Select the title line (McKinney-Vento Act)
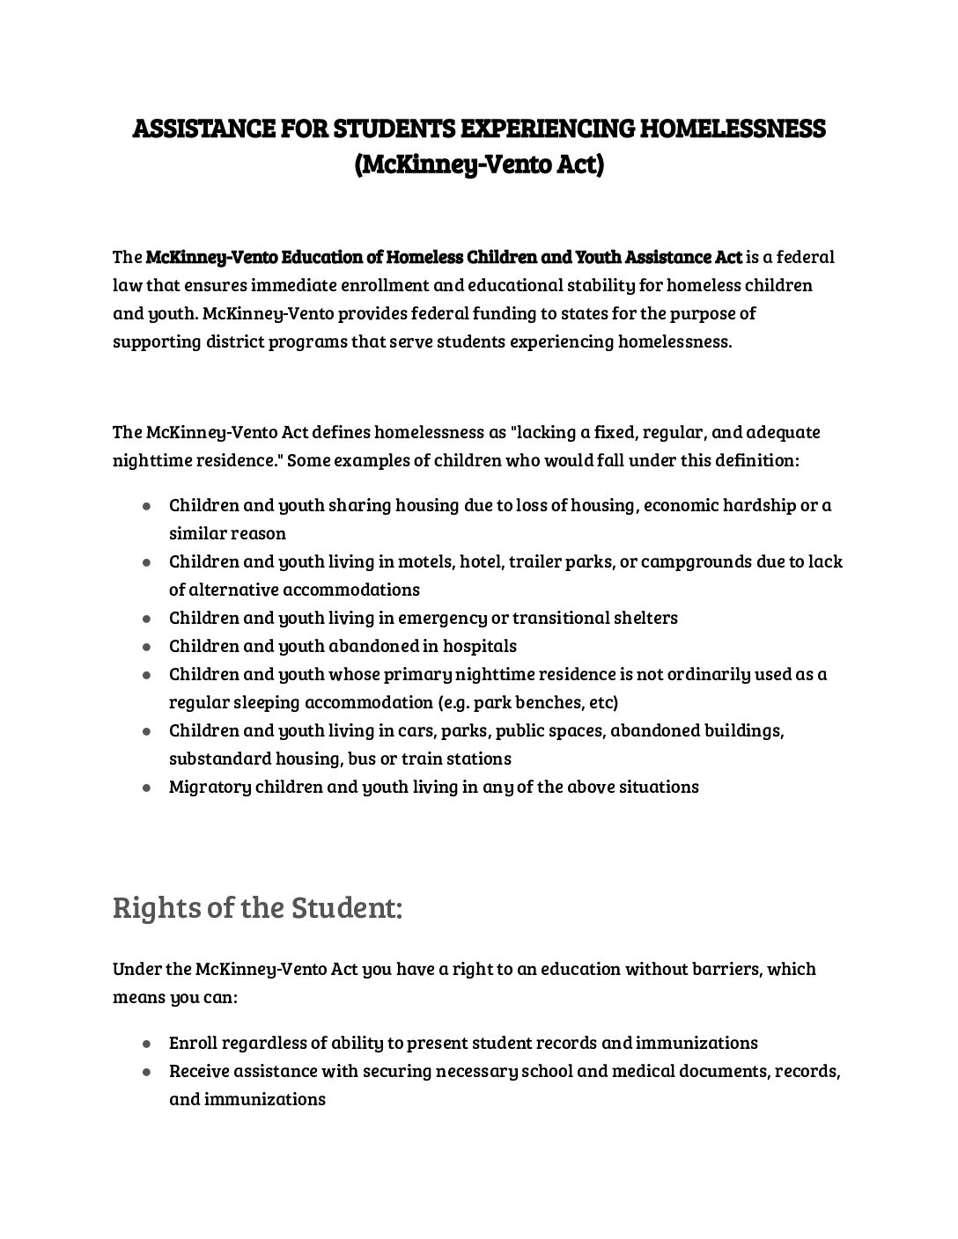pyautogui.click(x=479, y=165)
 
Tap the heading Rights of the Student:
pyautogui.click(x=257, y=907)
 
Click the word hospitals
pyautogui.click(x=480, y=646)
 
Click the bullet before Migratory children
pyautogui.click(x=147, y=788)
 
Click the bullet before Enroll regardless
pyautogui.click(x=147, y=1044)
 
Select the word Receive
pyautogui.click(x=199, y=1071)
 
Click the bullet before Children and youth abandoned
pyautogui.click(x=147, y=647)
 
